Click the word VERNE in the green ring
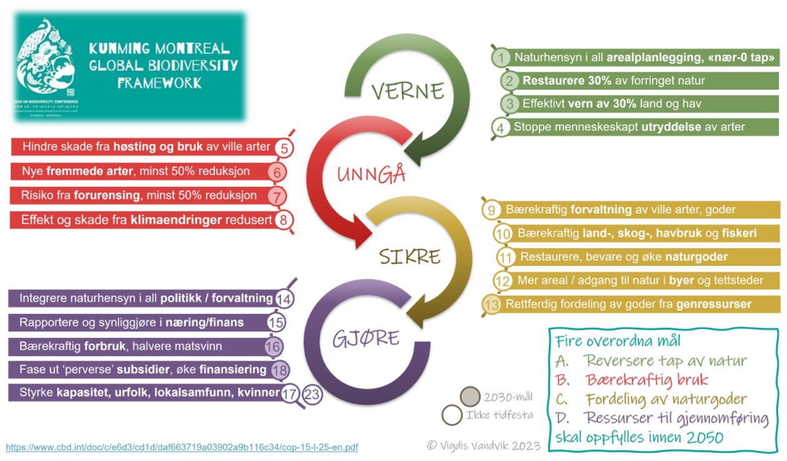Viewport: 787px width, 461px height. pos(407,91)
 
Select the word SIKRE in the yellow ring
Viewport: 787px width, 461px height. pos(410,256)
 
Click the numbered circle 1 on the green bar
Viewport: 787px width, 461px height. pos(500,58)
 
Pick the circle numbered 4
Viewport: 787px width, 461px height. pos(500,127)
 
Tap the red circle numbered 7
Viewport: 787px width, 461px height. pos(277,196)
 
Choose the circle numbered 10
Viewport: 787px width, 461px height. pos(503,234)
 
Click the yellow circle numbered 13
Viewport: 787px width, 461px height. pos(492,305)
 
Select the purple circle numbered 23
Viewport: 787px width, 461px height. pos(312,395)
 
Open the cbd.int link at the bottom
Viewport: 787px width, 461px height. pos(182,447)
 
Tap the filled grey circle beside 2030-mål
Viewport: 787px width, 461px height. pos(469,397)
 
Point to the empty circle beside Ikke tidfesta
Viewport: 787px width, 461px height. pos(452,415)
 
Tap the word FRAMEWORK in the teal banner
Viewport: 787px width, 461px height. pos(159,83)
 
